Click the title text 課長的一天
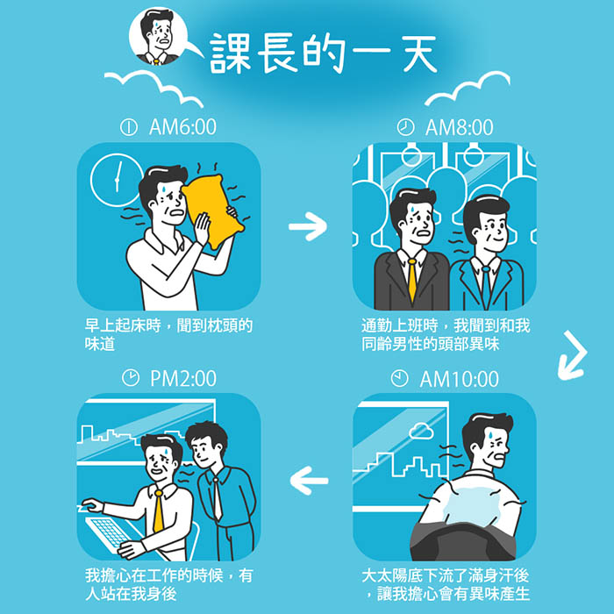point(324,54)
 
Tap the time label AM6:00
point(182,127)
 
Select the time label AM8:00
point(459,127)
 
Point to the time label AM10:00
point(460,379)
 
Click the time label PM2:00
point(183,378)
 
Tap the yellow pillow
point(213,211)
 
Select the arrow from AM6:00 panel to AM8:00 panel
point(308,226)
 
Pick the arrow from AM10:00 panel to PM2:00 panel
point(309,481)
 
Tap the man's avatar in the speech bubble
point(158,36)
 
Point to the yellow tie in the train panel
point(412,280)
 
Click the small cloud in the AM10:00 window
point(421,432)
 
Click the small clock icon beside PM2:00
point(131,378)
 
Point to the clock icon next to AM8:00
point(405,127)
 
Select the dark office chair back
point(463,541)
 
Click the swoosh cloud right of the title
point(468,89)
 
